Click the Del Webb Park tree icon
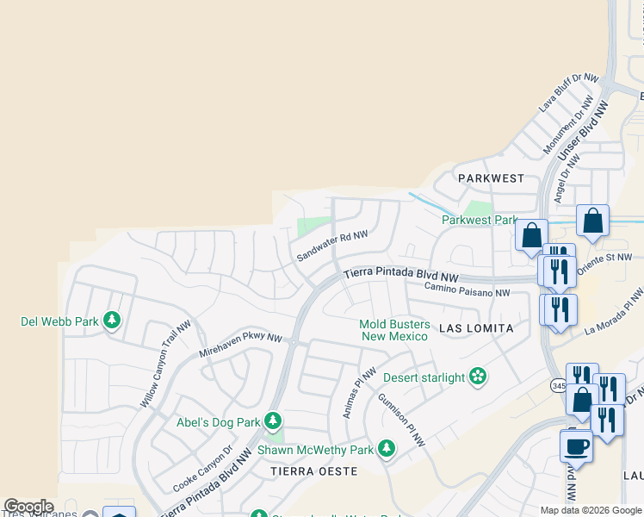point(111,321)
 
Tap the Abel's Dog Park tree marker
point(273,421)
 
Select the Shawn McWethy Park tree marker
point(387,449)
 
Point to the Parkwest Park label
point(479,220)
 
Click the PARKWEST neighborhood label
point(491,178)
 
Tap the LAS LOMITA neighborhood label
point(476,328)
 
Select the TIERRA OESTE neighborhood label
point(313,471)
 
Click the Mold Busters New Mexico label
point(394,330)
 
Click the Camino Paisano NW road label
point(467,290)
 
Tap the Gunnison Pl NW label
point(401,420)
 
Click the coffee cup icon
point(576,445)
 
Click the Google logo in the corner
point(28,507)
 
